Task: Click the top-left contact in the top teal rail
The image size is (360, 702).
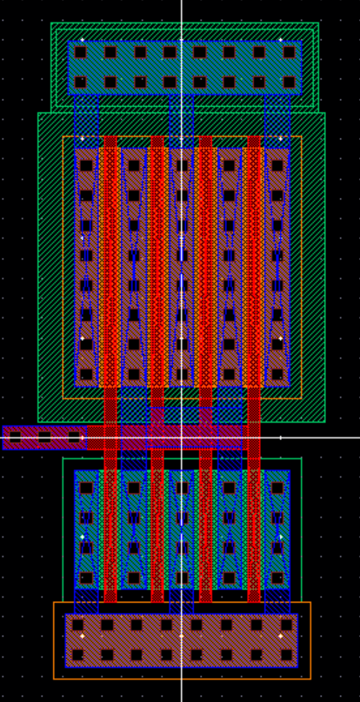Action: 81,52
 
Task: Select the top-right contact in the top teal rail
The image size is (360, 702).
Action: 289,52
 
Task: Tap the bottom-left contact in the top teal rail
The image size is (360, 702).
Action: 81,82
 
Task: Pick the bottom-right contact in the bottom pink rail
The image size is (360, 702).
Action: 286,654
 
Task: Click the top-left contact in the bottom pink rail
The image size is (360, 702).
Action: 77,625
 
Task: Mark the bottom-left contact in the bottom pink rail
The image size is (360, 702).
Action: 77,654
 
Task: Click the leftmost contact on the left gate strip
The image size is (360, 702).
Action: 15,437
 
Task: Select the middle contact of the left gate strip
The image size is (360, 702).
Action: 44,437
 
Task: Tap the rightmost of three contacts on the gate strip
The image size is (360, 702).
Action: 74,437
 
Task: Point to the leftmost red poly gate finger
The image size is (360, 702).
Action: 110,365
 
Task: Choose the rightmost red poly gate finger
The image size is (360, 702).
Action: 253,365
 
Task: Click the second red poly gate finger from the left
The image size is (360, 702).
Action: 157,365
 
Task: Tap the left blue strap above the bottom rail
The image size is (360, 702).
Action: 86,601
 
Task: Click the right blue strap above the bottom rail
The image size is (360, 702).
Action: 277,601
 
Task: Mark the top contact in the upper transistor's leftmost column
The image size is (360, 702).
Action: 86,165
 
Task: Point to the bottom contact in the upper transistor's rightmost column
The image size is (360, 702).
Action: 277,374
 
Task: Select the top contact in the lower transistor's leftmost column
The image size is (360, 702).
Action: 86,488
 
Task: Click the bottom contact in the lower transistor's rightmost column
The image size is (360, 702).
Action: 277,578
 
